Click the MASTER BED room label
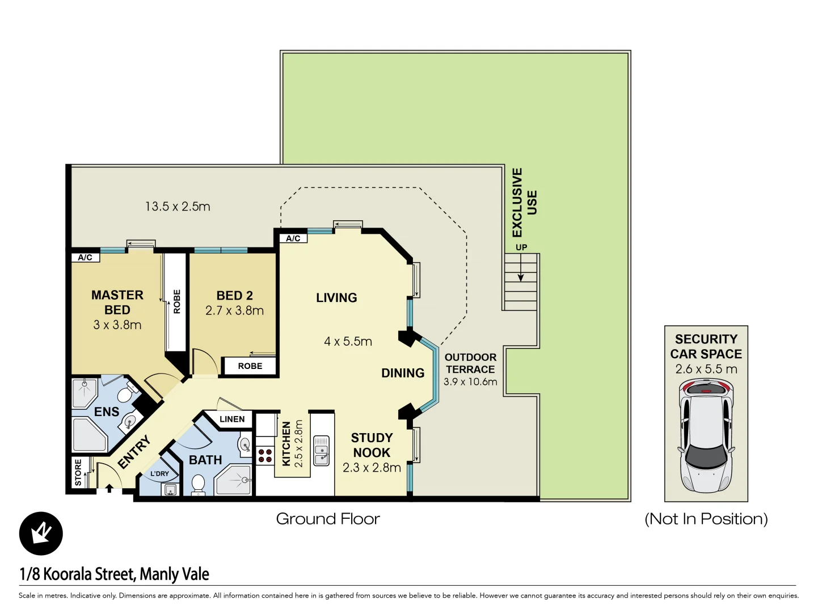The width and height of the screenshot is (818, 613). pyautogui.click(x=117, y=303)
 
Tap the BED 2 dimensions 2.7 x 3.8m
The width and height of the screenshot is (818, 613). pyautogui.click(x=234, y=310)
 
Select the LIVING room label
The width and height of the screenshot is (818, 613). pyautogui.click(x=336, y=297)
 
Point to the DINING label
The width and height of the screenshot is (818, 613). pyautogui.click(x=403, y=373)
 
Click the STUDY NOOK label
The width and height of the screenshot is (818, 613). pyautogui.click(x=372, y=445)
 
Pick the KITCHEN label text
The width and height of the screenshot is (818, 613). pyautogui.click(x=286, y=444)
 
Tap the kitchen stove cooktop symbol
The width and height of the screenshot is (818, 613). pyautogui.click(x=265, y=456)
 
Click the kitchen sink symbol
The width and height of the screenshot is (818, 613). pyautogui.click(x=322, y=450)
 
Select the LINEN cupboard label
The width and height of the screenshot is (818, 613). pyautogui.click(x=232, y=419)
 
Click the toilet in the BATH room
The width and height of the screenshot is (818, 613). pyautogui.click(x=198, y=484)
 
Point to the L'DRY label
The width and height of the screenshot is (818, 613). pyautogui.click(x=159, y=473)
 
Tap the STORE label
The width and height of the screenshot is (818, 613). pyautogui.click(x=78, y=472)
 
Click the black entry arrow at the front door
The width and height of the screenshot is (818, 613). pyautogui.click(x=109, y=488)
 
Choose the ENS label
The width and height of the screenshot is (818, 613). pyautogui.click(x=107, y=412)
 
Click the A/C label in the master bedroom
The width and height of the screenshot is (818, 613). pyautogui.click(x=85, y=257)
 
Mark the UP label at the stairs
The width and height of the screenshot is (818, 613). pyautogui.click(x=521, y=247)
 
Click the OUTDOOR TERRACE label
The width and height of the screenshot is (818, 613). pyautogui.click(x=470, y=363)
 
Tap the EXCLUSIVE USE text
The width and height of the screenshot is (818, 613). pyautogui.click(x=524, y=202)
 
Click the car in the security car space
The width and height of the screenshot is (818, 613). pyautogui.click(x=706, y=436)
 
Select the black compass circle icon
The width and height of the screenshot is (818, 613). pyautogui.click(x=41, y=534)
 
